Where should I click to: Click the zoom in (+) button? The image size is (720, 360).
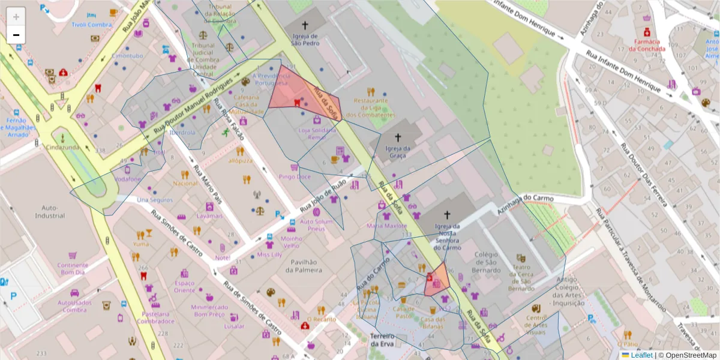(16, 17)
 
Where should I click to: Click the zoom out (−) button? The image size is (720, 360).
(16, 35)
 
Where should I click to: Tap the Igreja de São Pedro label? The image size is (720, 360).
(305, 40)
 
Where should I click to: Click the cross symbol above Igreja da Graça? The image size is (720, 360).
(397, 137)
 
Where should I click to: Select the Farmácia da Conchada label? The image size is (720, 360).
(648, 45)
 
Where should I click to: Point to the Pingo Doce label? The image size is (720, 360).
(295, 177)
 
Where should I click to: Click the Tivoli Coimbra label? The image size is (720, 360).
(92, 25)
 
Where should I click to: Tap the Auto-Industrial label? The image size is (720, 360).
(50, 211)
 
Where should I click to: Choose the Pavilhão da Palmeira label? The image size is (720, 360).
(304, 266)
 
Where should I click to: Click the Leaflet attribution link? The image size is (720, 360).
(641, 355)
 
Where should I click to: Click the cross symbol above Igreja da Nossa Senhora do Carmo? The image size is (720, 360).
(446, 215)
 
